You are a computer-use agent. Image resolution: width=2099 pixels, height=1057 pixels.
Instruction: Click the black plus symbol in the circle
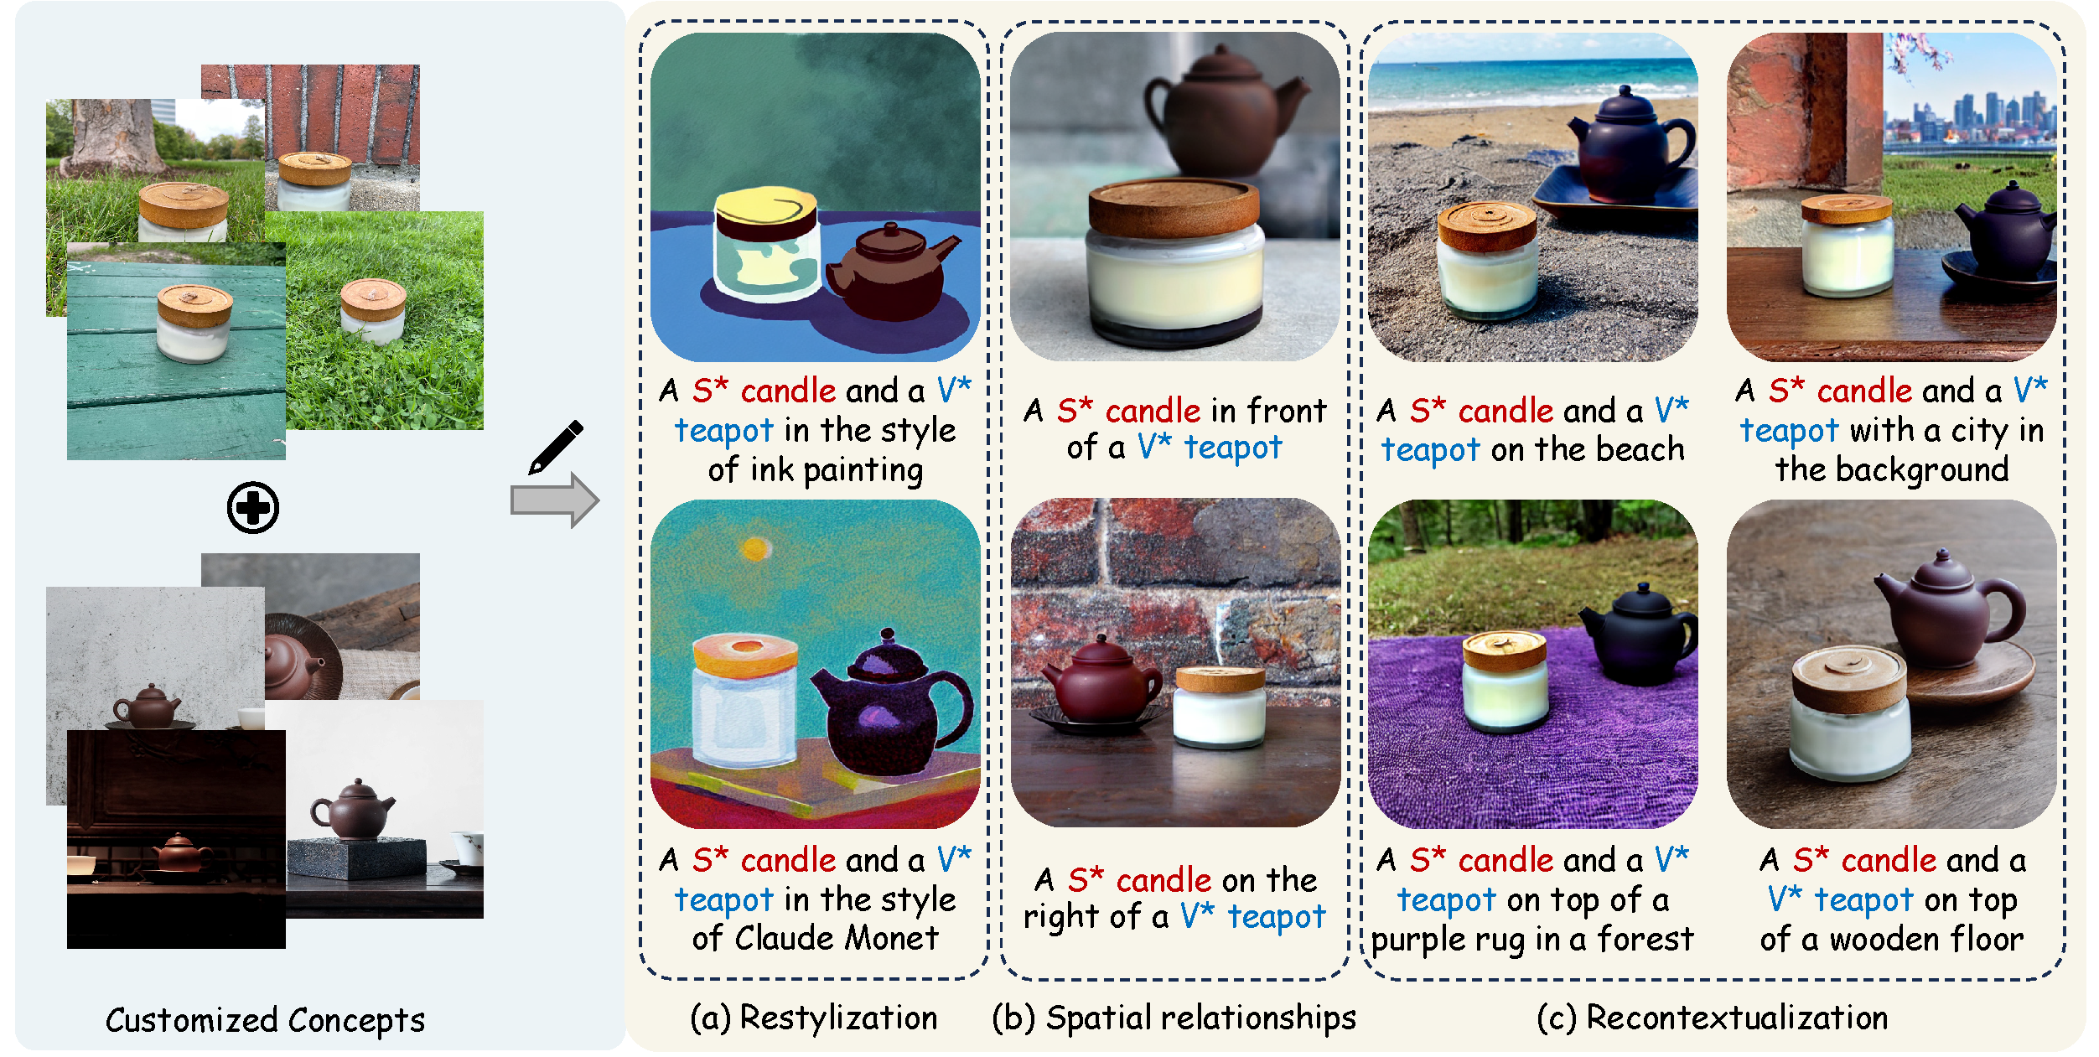[x=253, y=507]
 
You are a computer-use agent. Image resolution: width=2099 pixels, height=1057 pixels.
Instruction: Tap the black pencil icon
[x=556, y=447]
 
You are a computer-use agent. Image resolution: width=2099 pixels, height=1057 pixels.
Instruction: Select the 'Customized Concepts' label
[x=265, y=1020]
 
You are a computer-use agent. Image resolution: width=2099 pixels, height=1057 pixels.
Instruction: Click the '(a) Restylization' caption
[x=814, y=1018]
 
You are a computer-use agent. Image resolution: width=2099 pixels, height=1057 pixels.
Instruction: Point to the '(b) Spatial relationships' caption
[x=1174, y=1018]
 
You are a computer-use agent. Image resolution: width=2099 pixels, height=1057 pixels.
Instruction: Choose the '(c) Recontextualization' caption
[x=1713, y=1018]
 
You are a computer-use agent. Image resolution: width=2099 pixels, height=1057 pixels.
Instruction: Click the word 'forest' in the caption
[x=1646, y=939]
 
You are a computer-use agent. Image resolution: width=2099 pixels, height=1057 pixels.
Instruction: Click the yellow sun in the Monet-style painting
[x=755, y=549]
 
